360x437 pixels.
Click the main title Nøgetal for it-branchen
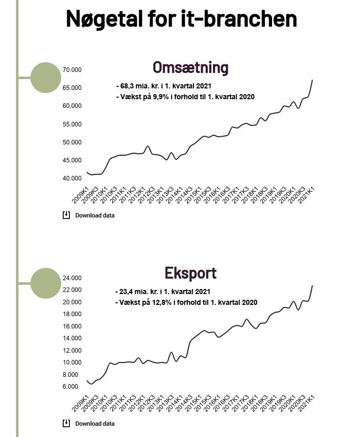click(x=181, y=19)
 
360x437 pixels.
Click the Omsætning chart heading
click(x=190, y=68)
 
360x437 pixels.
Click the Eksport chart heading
click(x=190, y=272)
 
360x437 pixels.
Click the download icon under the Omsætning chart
click(x=66, y=215)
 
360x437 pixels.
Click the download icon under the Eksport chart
click(x=66, y=423)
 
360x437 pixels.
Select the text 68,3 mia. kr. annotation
click(x=164, y=86)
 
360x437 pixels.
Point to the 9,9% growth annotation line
click(x=186, y=97)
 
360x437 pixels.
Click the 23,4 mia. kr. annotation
click(x=163, y=292)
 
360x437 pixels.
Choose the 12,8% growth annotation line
click(x=186, y=302)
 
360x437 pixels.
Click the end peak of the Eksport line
click(x=312, y=286)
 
